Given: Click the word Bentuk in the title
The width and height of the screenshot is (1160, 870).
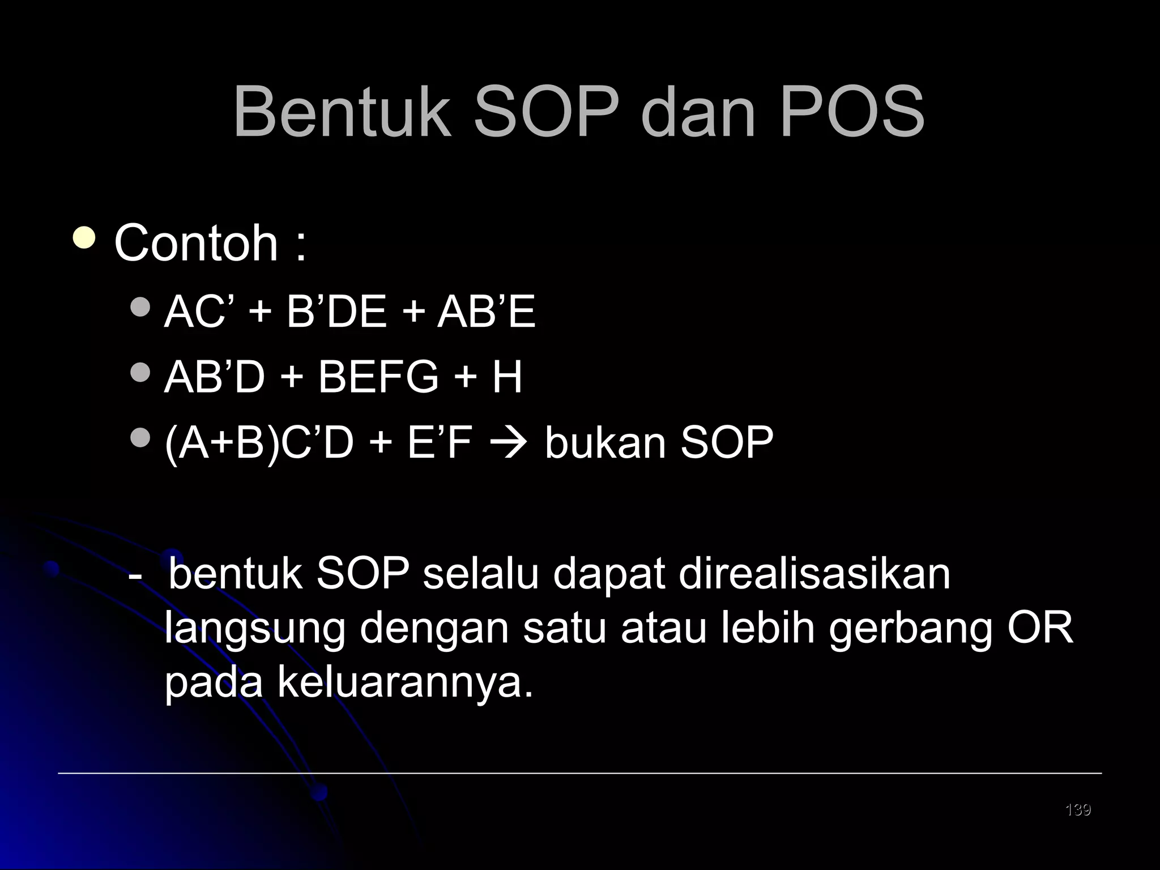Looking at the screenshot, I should click(342, 112).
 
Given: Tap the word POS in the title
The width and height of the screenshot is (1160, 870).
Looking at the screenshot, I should click(852, 112).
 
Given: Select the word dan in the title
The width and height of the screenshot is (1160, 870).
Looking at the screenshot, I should click(698, 112).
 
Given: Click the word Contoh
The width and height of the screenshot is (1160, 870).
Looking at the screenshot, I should click(196, 243).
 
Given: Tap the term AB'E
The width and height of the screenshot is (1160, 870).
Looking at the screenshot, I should click(486, 312).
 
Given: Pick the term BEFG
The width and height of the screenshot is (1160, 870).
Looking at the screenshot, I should click(378, 377).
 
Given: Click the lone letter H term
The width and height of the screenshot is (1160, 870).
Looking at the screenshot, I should click(506, 377).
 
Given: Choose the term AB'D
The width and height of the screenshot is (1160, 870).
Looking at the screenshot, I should click(215, 377).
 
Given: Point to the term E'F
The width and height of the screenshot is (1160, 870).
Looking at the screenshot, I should click(440, 442).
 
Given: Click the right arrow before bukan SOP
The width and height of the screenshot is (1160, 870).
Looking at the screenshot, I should click(509, 443).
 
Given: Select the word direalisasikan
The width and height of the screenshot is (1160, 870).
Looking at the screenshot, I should click(814, 574).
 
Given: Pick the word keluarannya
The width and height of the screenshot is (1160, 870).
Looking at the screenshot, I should click(406, 682).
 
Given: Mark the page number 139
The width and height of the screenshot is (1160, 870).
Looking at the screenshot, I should click(1078, 809).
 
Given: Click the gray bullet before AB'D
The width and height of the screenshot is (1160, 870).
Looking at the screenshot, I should click(140, 372).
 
